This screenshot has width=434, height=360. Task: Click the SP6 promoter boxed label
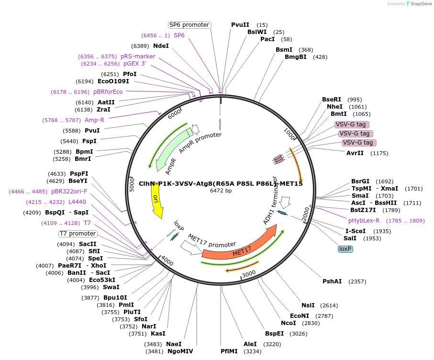click(x=189, y=25)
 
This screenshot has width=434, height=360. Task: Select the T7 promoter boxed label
click(x=78, y=234)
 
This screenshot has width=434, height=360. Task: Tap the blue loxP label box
click(x=345, y=249)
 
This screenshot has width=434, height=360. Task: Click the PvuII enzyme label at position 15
click(x=240, y=25)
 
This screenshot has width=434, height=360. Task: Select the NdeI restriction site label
click(x=161, y=46)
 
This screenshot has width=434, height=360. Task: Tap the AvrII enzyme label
click(x=355, y=153)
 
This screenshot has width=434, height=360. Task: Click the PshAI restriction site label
click(x=332, y=281)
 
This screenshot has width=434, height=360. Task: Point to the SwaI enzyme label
click(x=111, y=287)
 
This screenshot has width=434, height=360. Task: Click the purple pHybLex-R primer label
click(x=364, y=221)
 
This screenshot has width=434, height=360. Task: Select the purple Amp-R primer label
click(x=94, y=120)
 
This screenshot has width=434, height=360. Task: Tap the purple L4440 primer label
click(x=77, y=202)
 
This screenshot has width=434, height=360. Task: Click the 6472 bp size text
click(x=221, y=191)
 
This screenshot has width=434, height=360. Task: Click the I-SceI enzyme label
click(x=356, y=231)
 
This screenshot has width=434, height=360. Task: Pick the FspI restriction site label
click(x=89, y=141)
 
